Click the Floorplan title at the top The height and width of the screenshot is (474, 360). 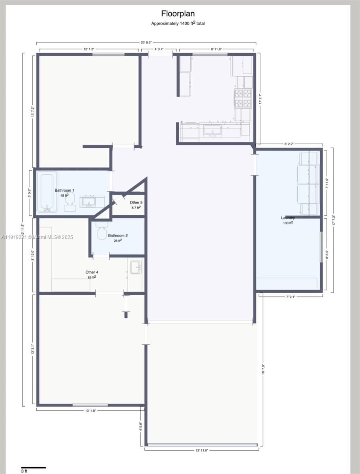tap(178, 14)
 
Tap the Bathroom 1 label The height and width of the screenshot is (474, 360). tap(64, 190)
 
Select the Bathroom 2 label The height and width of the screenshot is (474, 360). tap(118, 235)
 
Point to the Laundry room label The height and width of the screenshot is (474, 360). tap(288, 218)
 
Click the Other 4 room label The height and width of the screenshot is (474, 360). tap(92, 272)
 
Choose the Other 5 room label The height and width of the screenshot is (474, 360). tap(136, 203)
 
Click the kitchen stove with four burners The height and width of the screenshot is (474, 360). tap(243, 98)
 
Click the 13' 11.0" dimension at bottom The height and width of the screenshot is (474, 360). tap(202, 450)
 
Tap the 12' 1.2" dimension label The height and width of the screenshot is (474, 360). tap(88, 49)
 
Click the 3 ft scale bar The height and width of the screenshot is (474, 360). tap(33, 468)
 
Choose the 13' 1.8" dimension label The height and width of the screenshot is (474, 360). tap(90, 410)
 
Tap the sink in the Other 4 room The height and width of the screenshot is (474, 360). tap(136, 267)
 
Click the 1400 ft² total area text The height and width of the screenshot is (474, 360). tap(178, 23)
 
